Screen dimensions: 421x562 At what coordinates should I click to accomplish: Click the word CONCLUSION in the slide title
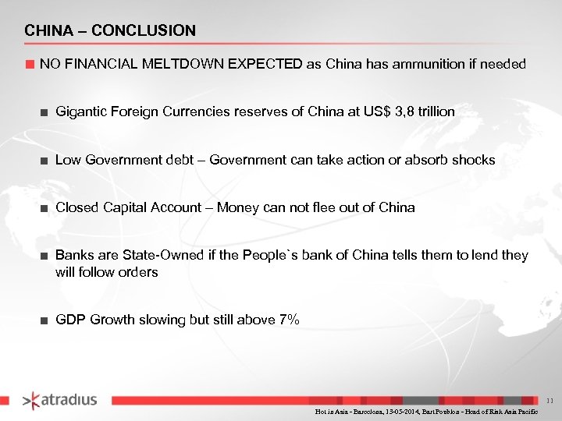pos(144,31)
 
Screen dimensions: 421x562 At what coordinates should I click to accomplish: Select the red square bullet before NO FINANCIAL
pos(30,64)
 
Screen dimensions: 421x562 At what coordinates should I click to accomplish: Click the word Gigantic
pos(80,111)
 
